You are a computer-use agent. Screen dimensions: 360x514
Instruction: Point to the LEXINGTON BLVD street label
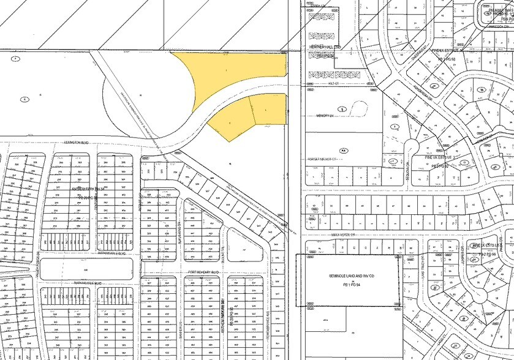(77, 142)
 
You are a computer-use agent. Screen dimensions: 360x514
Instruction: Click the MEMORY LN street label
(324, 115)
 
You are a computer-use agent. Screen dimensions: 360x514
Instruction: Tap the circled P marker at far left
(15, 59)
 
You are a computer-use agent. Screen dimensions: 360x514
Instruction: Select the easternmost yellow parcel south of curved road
(270, 109)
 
